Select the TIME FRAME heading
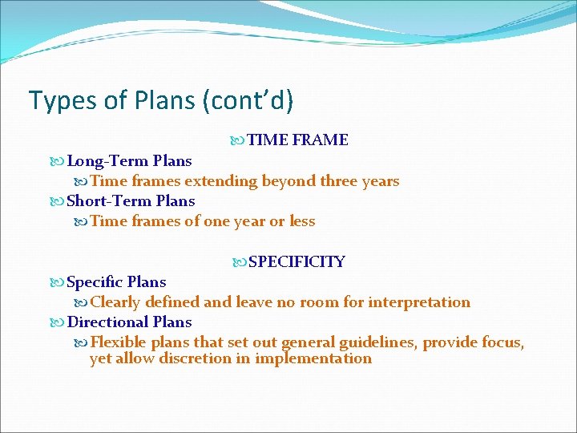pyautogui.click(x=297, y=140)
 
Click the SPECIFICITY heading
pyautogui.click(x=297, y=262)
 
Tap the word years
pyautogui.click(x=381, y=181)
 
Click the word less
pyautogui.click(x=302, y=221)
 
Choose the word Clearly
pyautogui.click(x=115, y=302)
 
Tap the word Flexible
pyautogui.click(x=116, y=343)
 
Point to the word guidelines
pyautogui.click(x=377, y=343)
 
